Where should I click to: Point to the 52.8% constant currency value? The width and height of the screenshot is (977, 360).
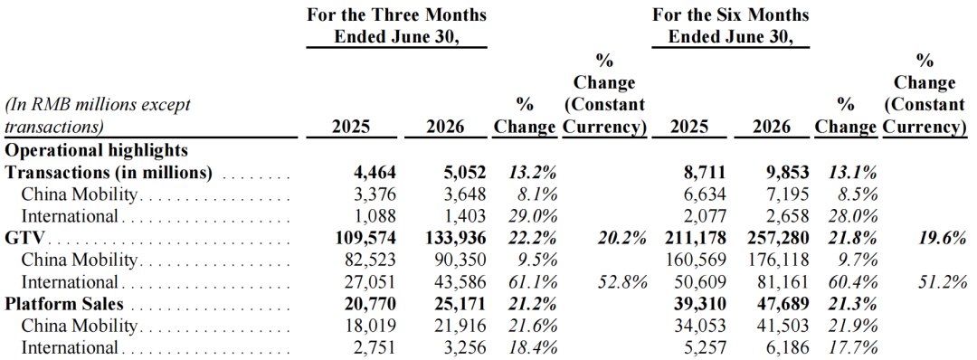pyautogui.click(x=621, y=282)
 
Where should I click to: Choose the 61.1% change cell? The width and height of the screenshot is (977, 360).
pyautogui.click(x=534, y=282)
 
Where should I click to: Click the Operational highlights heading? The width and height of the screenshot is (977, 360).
pyautogui.click(x=97, y=150)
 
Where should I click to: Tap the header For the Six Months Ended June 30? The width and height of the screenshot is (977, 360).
pyautogui.click(x=730, y=25)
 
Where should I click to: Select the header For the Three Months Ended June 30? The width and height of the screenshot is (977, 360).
pyautogui.click(x=396, y=25)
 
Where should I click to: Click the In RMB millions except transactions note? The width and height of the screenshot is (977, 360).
pyautogui.click(x=98, y=116)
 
